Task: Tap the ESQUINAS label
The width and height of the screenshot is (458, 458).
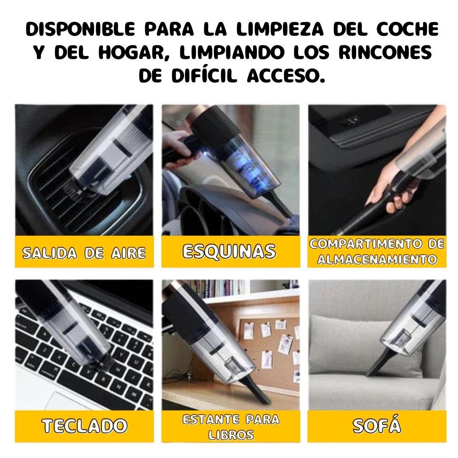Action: [x=229, y=251]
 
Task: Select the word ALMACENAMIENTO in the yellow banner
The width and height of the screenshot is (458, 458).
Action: [x=377, y=259]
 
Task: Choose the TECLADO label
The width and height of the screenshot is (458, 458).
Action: [x=84, y=426]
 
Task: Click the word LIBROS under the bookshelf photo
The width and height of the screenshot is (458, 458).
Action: [x=231, y=435]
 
